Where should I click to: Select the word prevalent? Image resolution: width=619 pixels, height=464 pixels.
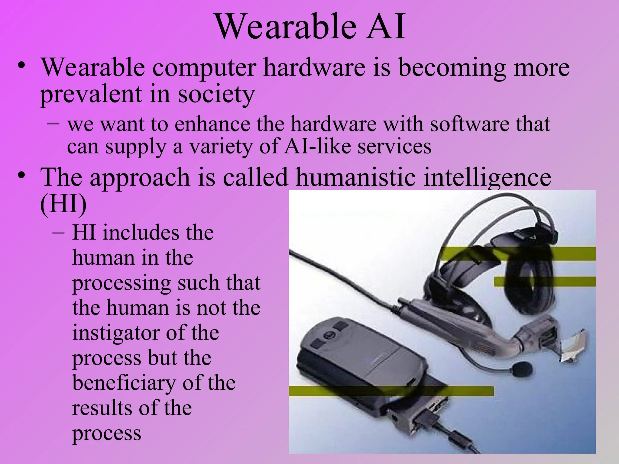pyautogui.click(x=91, y=94)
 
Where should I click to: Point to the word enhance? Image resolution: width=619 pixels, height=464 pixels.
pyautogui.click(x=212, y=124)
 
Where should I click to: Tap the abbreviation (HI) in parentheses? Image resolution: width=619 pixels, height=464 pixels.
pyautogui.click(x=63, y=204)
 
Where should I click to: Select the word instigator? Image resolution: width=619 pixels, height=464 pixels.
pyautogui.click(x=115, y=333)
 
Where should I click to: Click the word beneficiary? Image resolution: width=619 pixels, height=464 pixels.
pyautogui.click(x=124, y=383)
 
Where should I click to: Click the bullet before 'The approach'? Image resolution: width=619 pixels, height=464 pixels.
pyautogui.click(x=21, y=175)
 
